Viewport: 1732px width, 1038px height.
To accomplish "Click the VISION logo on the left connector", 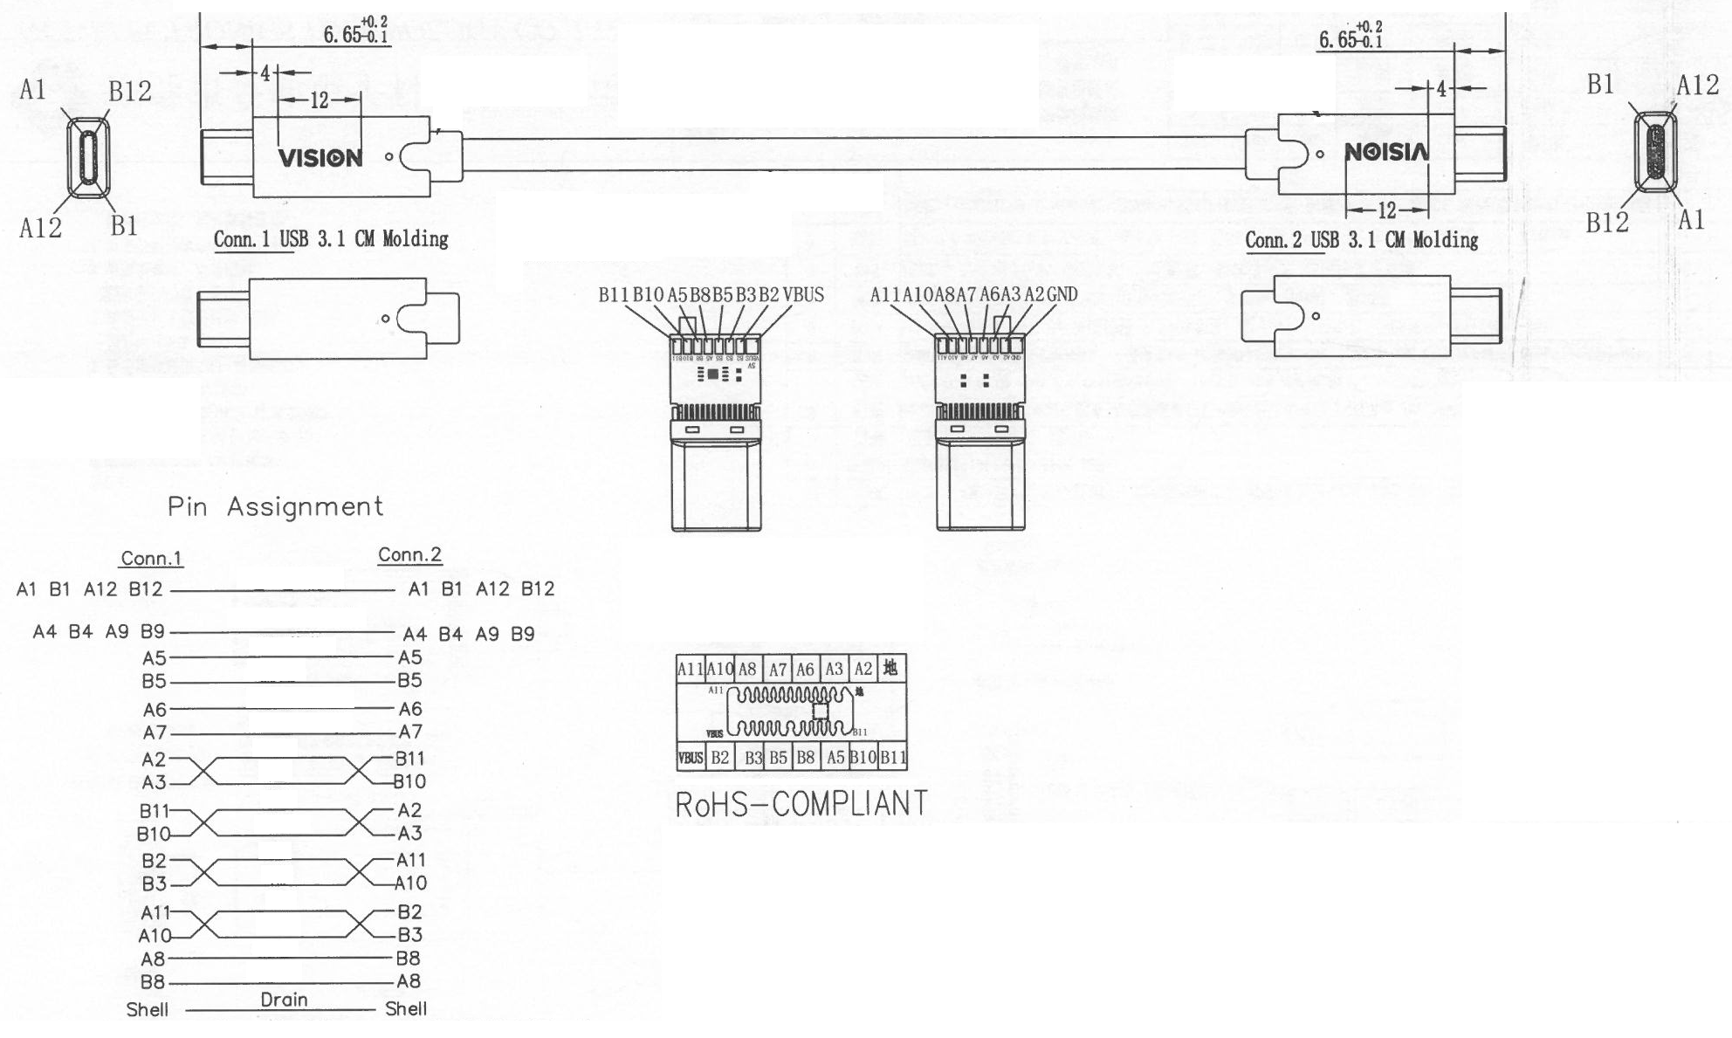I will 320,158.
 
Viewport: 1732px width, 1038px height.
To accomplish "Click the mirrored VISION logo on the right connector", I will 1386,153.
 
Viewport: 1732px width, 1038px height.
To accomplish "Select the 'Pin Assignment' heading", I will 275,506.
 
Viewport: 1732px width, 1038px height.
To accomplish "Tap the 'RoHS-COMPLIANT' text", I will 801,804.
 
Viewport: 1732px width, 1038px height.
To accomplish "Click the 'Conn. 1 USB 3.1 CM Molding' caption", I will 331,239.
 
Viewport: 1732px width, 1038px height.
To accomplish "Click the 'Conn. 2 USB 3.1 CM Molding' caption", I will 1361,239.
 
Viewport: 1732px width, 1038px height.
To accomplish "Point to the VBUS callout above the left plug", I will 803,295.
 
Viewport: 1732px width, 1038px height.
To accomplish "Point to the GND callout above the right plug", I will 1062,295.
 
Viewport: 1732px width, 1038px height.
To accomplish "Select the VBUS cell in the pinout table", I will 690,758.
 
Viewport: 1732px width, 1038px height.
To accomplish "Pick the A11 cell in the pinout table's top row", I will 690,670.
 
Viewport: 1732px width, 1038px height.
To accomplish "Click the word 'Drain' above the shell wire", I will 284,1000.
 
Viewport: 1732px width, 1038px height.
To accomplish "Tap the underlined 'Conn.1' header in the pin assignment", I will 152,559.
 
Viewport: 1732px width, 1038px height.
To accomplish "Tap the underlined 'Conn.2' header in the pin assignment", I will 409,555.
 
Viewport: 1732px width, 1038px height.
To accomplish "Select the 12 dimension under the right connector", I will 1386,210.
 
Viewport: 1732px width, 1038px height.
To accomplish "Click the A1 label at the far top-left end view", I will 32,90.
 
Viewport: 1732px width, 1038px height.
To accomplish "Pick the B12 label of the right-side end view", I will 1606,223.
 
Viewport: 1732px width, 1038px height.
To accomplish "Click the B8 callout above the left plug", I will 700,295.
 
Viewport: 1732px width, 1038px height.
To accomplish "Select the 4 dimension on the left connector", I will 265,73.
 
